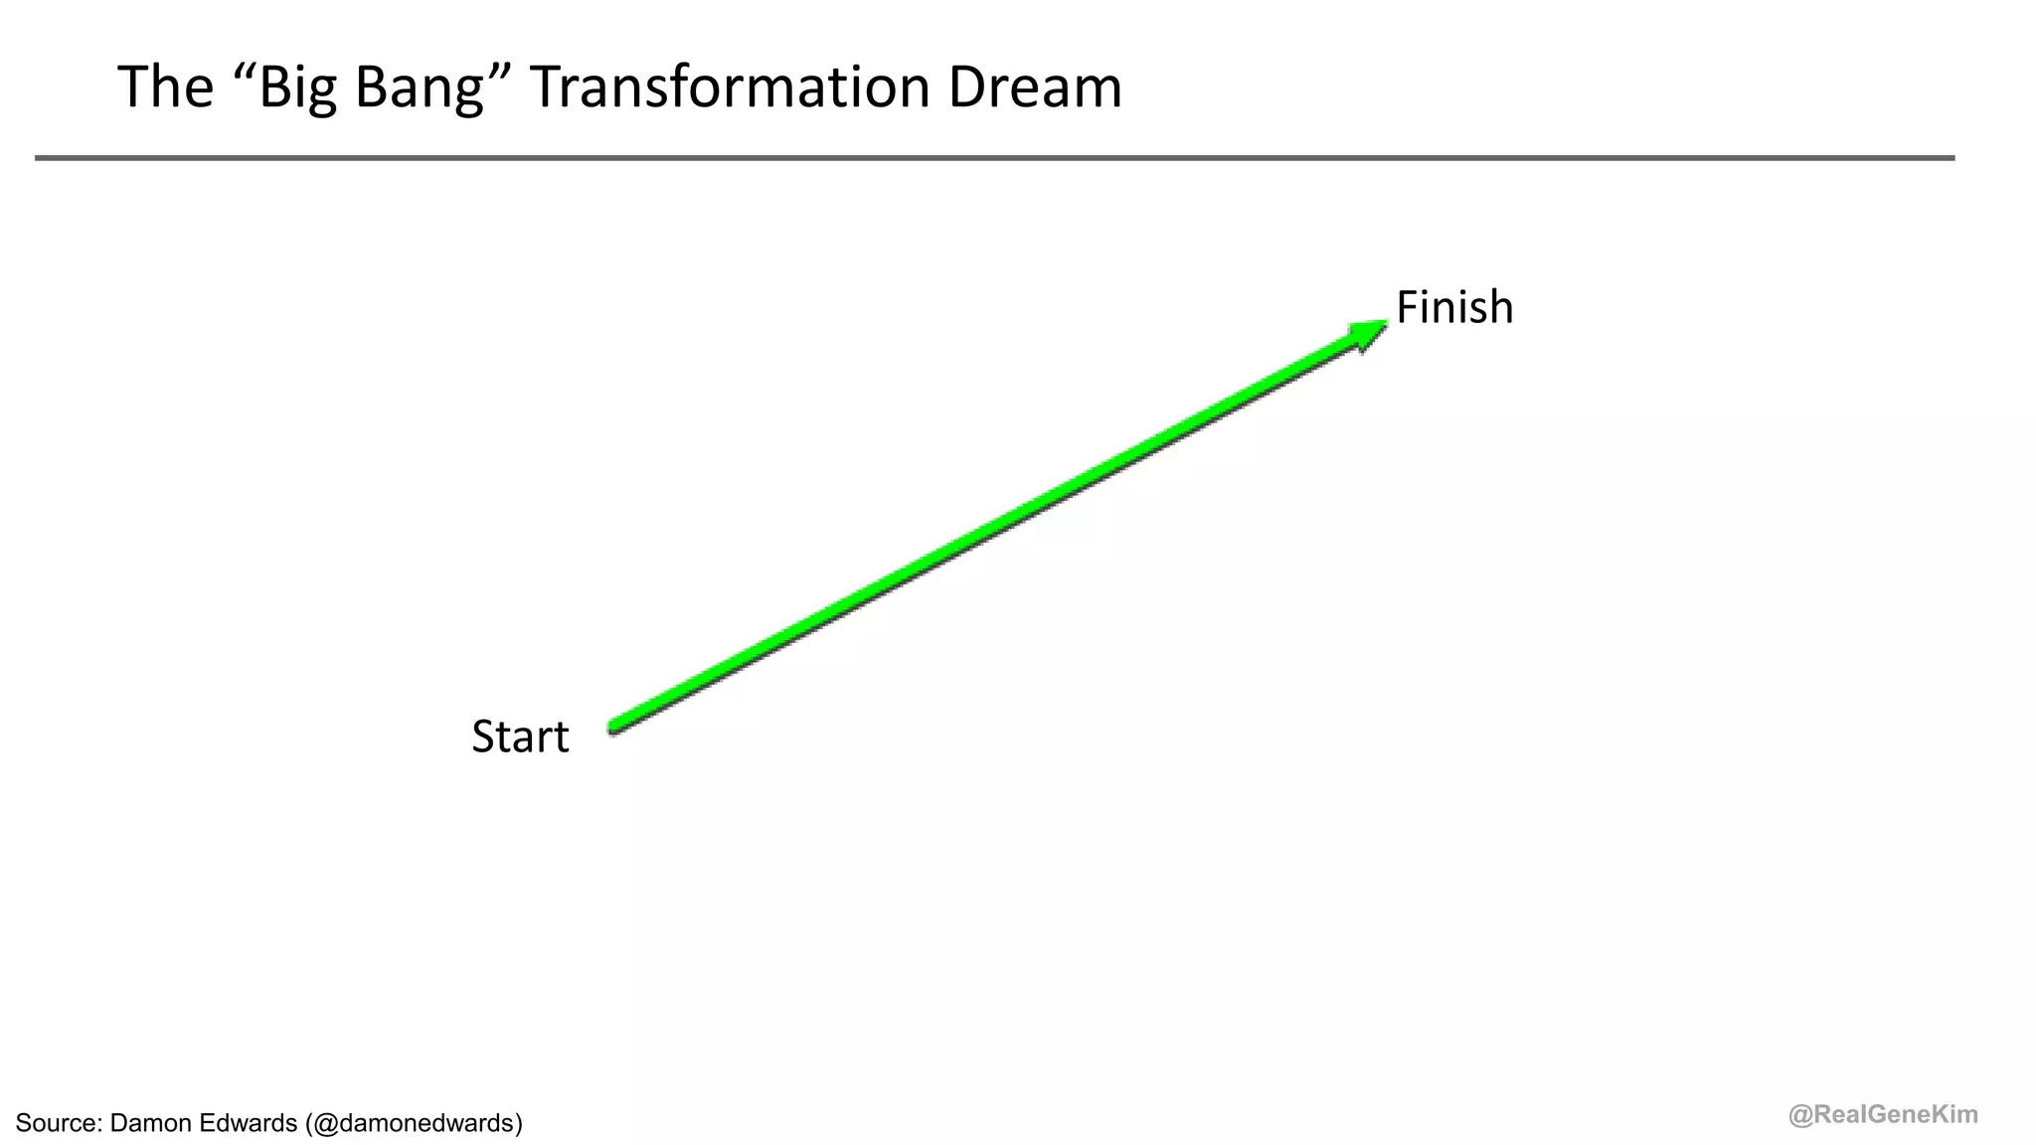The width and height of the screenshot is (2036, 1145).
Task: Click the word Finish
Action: point(1453,307)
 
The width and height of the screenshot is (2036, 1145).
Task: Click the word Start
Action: point(520,736)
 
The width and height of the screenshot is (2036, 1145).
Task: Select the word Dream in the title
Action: point(1034,86)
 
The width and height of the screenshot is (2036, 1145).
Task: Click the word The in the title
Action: point(165,86)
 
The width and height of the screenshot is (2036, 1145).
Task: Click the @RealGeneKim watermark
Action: point(1883,1115)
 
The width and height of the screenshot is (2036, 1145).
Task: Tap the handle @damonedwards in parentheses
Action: point(414,1123)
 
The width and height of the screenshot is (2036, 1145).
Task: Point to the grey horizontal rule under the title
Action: point(994,158)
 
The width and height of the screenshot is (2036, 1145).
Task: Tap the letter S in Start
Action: point(483,736)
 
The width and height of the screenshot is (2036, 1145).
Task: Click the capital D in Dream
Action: point(966,86)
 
